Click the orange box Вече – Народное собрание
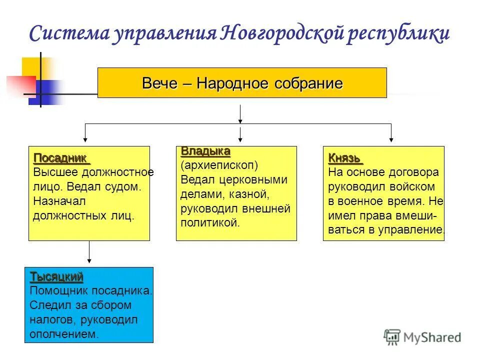242,82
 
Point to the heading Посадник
60,158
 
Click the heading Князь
344,158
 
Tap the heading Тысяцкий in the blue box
56,276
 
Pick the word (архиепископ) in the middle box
219,165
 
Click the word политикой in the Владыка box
210,223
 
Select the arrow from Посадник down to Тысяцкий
89,252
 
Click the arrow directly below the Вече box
240,114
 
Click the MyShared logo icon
392,337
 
